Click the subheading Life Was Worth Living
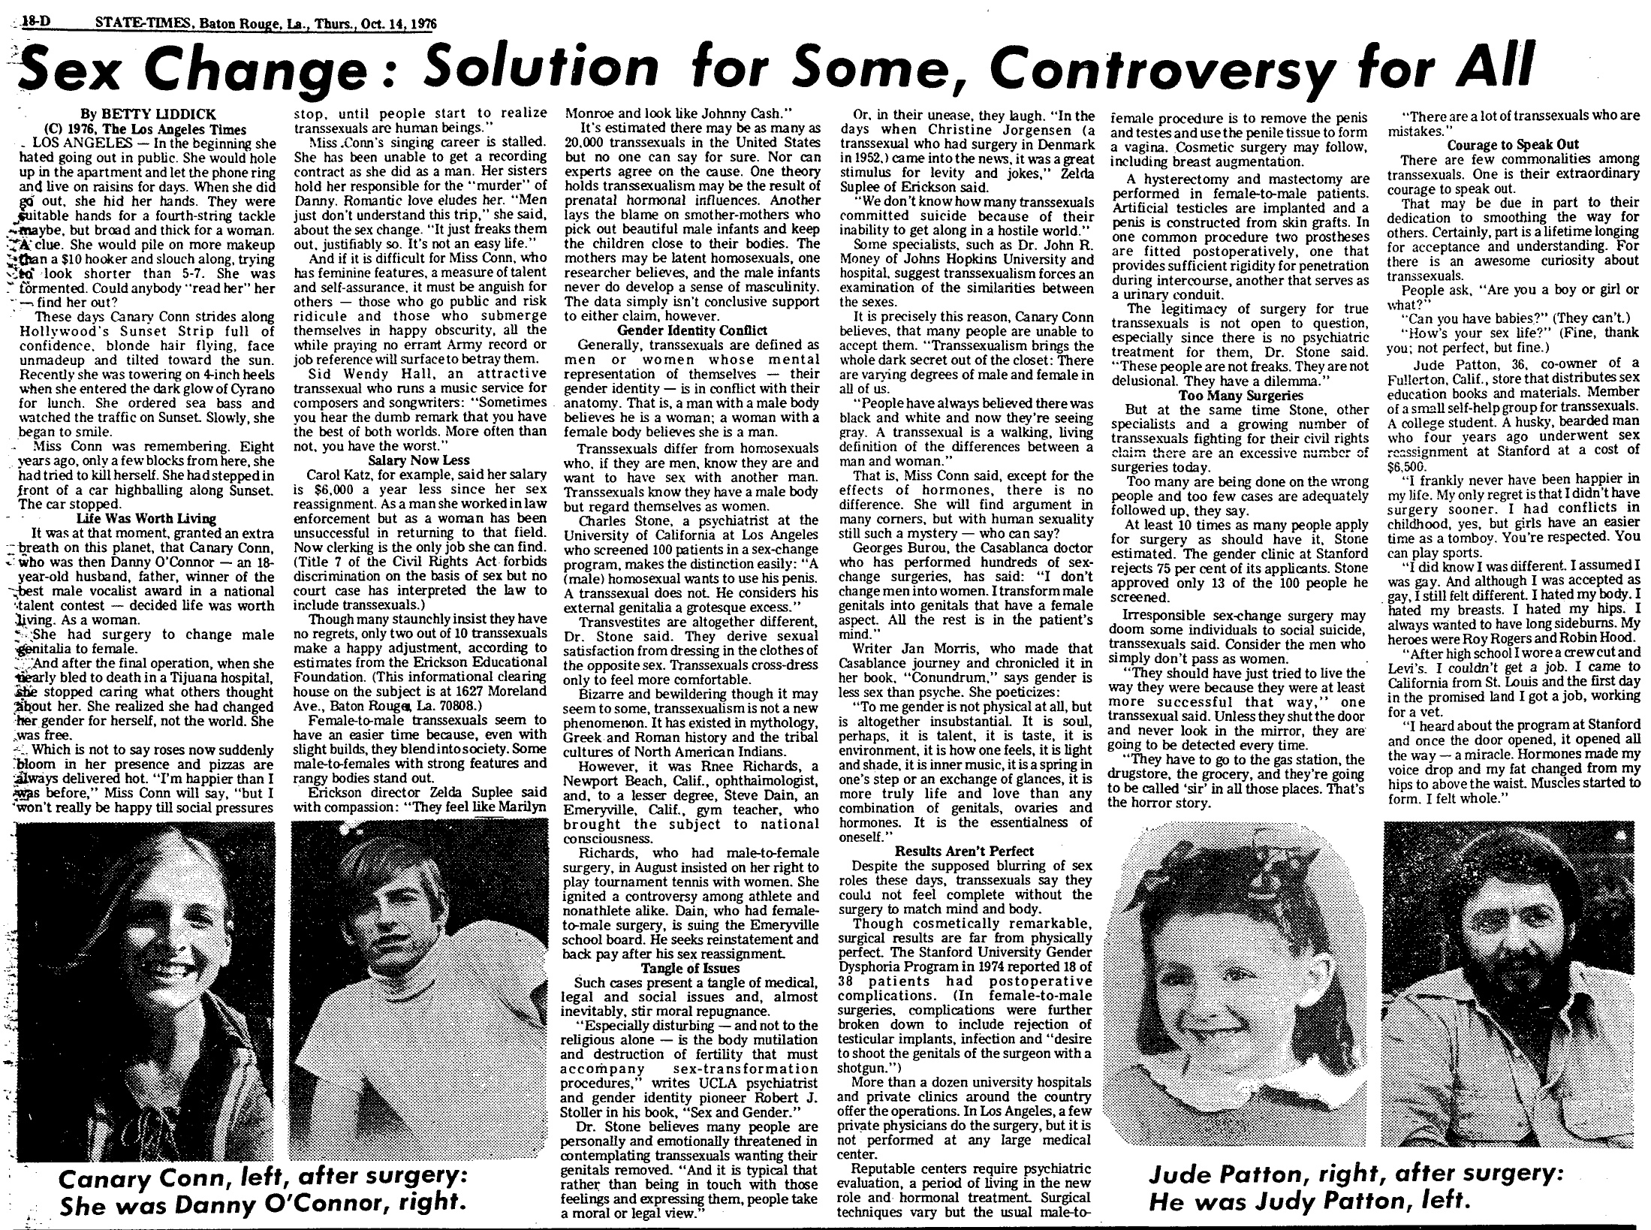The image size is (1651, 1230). click(146, 518)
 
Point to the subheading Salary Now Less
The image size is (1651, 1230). click(419, 460)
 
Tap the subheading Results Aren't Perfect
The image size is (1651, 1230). click(964, 851)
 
